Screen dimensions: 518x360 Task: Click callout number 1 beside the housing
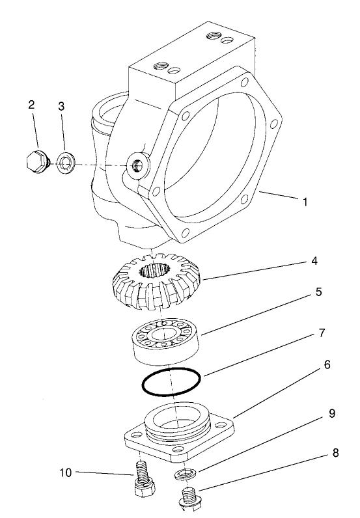pyautogui.click(x=304, y=202)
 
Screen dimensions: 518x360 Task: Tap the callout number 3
pyautogui.click(x=61, y=106)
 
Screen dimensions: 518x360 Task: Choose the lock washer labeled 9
pyautogui.click(x=184, y=472)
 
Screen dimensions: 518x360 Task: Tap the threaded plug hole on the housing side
pyautogui.click(x=137, y=167)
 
